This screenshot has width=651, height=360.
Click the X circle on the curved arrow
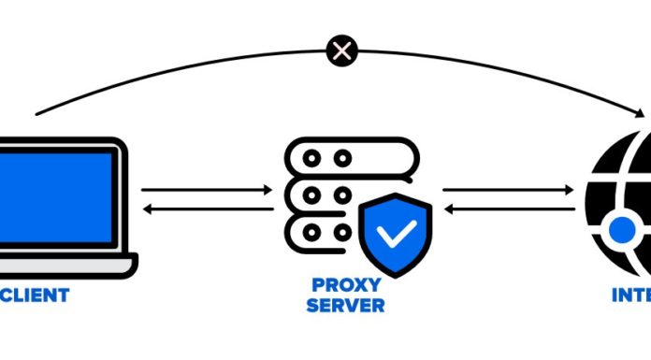342,50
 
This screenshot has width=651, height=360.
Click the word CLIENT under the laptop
35,295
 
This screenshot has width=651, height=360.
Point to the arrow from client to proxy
206,190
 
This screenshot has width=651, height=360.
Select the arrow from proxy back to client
206,209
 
